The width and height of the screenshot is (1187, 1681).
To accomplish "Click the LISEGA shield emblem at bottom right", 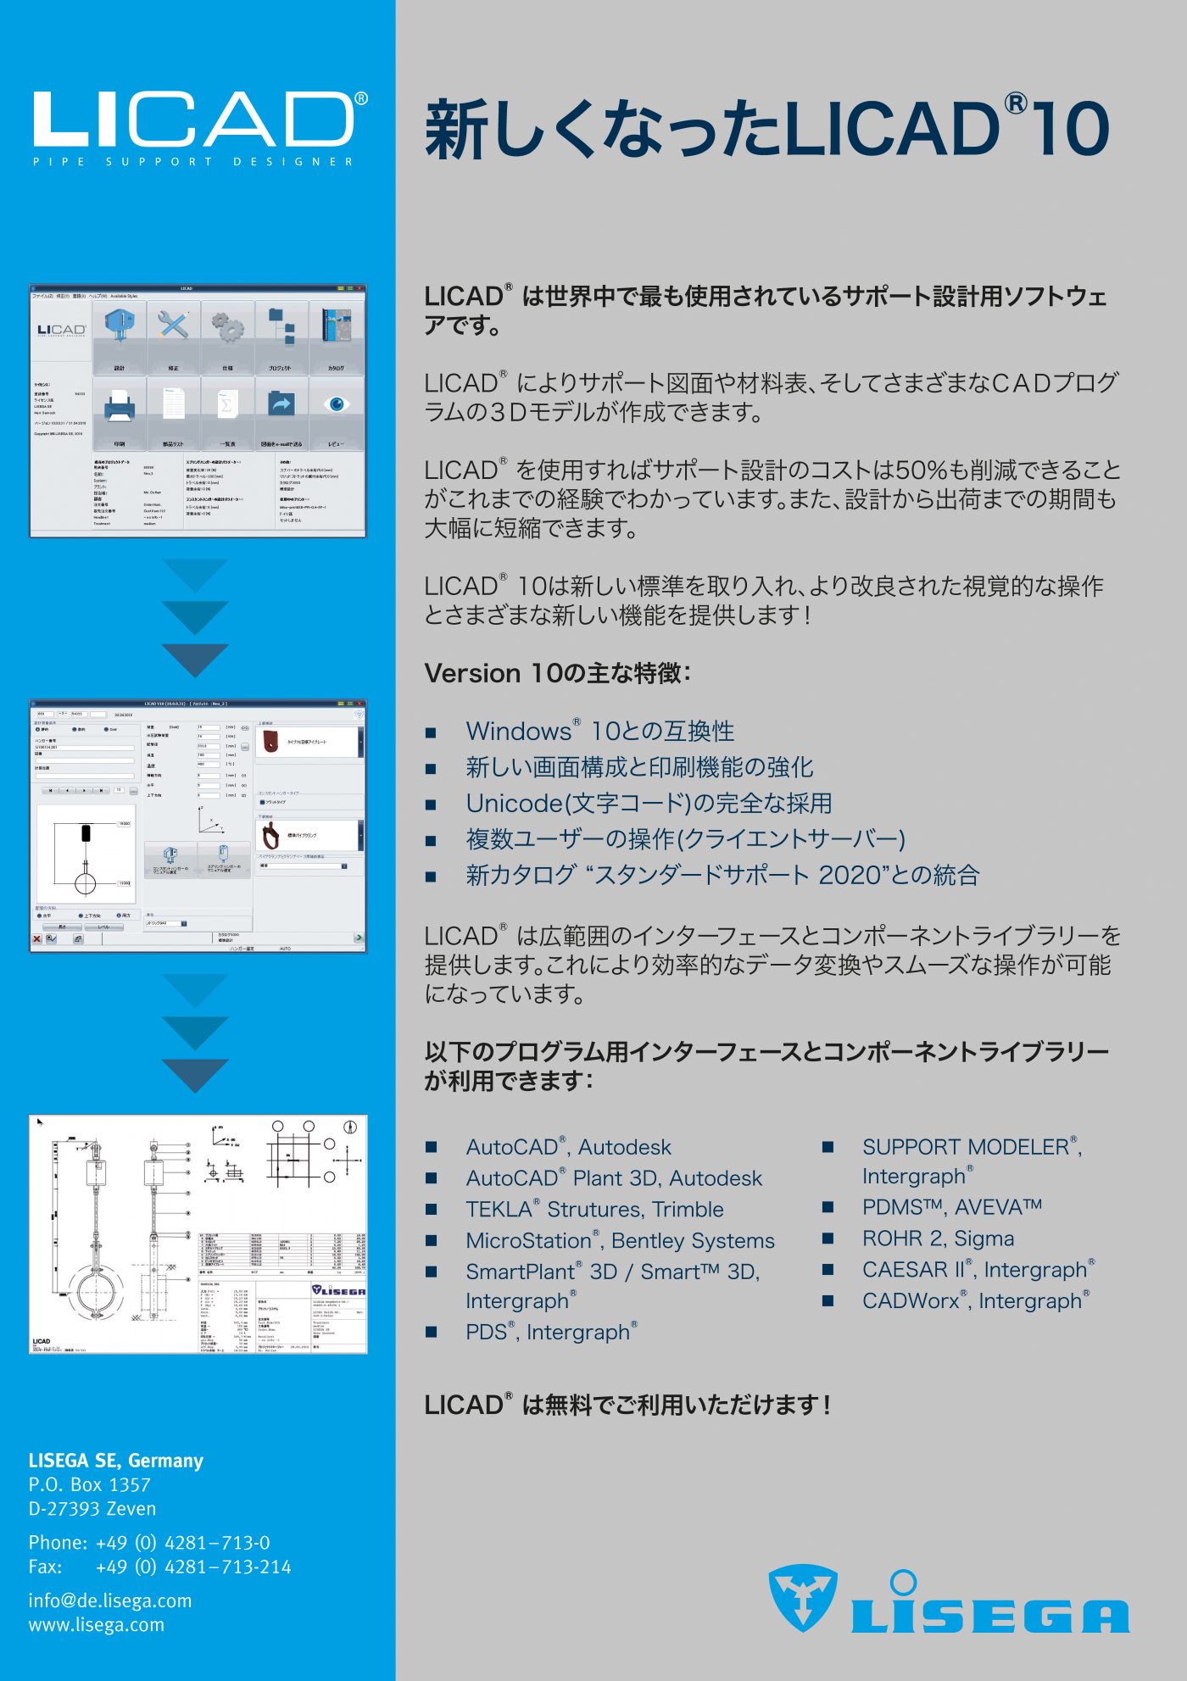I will tap(802, 1597).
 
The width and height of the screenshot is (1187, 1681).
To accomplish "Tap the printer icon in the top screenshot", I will tap(120, 408).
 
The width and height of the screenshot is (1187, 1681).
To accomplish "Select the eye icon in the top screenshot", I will tap(336, 404).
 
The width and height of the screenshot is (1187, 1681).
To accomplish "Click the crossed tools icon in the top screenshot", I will tap(173, 326).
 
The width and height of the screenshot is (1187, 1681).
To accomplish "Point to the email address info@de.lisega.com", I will tap(110, 1600).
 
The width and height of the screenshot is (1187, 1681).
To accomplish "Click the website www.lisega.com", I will tap(97, 1625).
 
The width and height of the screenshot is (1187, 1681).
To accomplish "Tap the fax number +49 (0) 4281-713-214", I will tap(193, 1567).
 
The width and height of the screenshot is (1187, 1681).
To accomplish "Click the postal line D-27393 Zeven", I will tap(92, 1509).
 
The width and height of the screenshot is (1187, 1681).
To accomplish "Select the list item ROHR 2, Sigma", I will tap(938, 1238).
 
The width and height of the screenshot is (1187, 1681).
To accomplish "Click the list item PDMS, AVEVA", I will tap(951, 1207).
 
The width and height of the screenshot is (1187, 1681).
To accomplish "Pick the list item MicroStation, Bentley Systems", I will tap(620, 1241).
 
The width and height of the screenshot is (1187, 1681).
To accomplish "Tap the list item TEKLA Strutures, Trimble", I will tap(594, 1210).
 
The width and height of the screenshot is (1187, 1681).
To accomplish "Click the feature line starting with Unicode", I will tap(649, 804).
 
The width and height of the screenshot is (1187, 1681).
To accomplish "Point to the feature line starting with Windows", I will tap(599, 732).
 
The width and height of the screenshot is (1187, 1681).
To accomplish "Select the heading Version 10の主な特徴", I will tap(557, 674).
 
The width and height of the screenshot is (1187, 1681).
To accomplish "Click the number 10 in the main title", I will tap(1071, 130).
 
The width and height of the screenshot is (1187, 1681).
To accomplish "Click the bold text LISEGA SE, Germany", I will tap(116, 1461).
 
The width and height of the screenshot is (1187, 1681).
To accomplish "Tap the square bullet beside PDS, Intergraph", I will tap(432, 1333).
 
